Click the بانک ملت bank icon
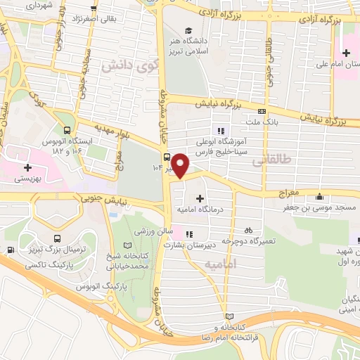(x=262, y=111)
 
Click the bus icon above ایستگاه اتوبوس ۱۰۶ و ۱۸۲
(x=67, y=130)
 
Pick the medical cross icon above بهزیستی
(x=27, y=167)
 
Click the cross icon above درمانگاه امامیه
(x=202, y=199)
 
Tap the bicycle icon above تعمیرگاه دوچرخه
(x=247, y=230)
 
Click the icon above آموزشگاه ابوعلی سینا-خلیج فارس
(x=221, y=130)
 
